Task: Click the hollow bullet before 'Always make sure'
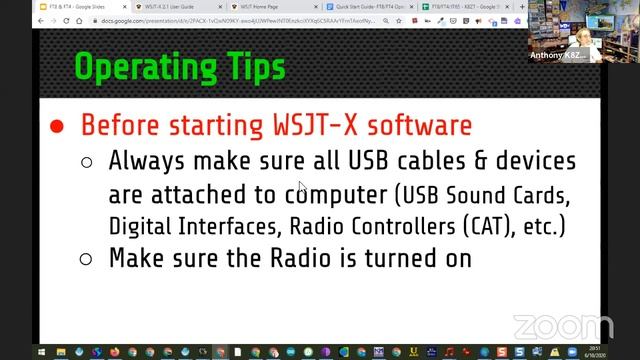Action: [87, 161]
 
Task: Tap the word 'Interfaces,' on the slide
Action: [256, 224]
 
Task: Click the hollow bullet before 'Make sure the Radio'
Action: [87, 258]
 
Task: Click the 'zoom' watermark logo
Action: [549, 326]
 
